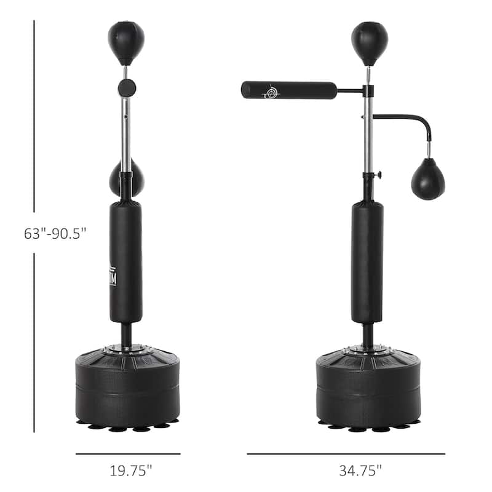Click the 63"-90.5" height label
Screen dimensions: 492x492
(x=55, y=234)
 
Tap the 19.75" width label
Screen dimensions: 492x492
(x=130, y=470)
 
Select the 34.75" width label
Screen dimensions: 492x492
(x=360, y=470)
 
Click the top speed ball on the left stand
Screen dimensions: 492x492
(x=126, y=42)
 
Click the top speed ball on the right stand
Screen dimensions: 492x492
(x=370, y=42)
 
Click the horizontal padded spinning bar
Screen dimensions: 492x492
(x=289, y=90)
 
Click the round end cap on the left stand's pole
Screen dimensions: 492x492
(x=127, y=87)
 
